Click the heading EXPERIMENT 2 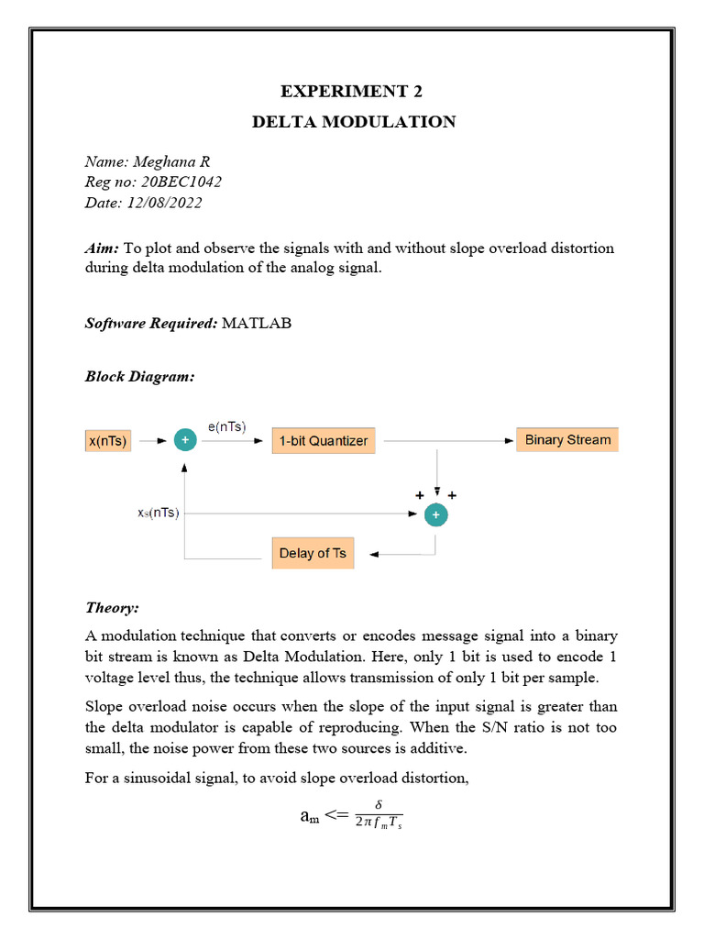pyautogui.click(x=353, y=91)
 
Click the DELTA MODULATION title pyautogui.click(x=353, y=122)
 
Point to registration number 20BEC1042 pyautogui.click(x=181, y=182)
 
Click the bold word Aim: pyautogui.click(x=102, y=249)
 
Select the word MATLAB pyautogui.click(x=256, y=323)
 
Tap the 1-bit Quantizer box pyautogui.click(x=324, y=441)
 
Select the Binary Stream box pyautogui.click(x=567, y=439)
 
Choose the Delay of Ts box pyautogui.click(x=312, y=553)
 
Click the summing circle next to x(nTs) pyautogui.click(x=185, y=441)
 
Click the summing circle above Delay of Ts pyautogui.click(x=436, y=515)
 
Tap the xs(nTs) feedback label pyautogui.click(x=151, y=514)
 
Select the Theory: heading pyautogui.click(x=112, y=608)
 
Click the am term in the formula pyautogui.click(x=309, y=815)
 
